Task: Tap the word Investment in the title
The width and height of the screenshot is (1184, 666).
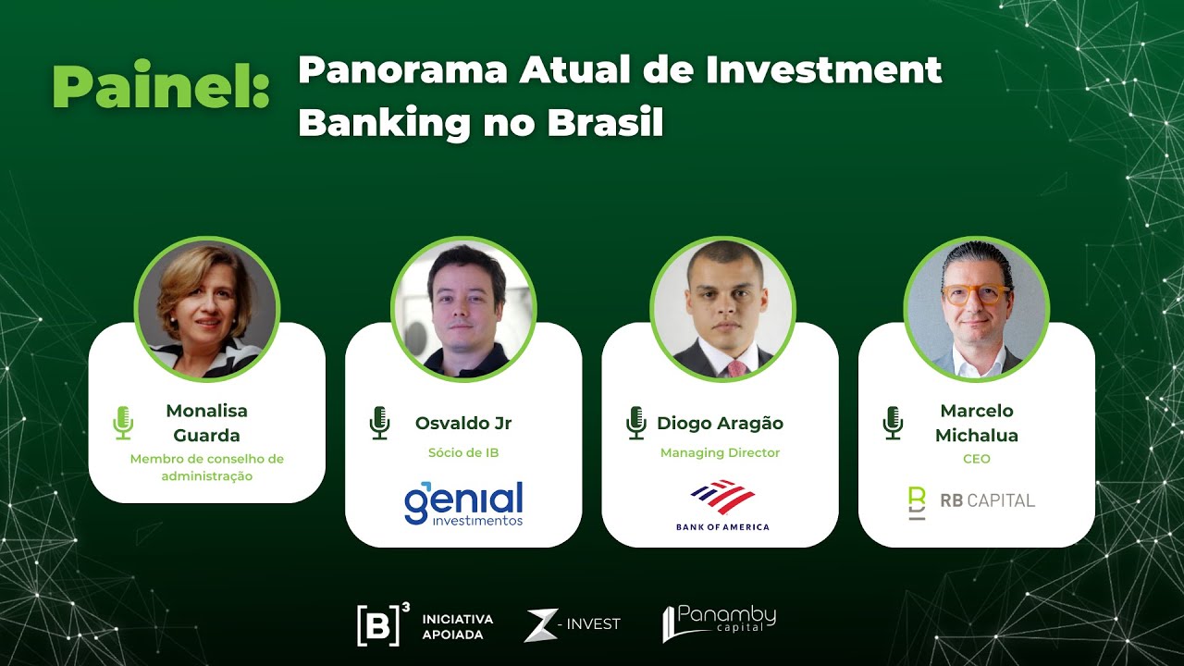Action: click(x=824, y=71)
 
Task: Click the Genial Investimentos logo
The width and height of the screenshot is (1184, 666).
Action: click(x=463, y=503)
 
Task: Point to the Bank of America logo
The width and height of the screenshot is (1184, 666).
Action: click(x=722, y=505)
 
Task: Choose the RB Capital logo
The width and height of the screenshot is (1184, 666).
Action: click(x=970, y=501)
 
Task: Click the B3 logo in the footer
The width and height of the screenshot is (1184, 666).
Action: click(x=383, y=624)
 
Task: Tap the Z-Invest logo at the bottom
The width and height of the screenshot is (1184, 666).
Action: click(x=572, y=624)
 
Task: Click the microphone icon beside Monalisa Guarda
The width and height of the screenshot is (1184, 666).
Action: click(x=123, y=423)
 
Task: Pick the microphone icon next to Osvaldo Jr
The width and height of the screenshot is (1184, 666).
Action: click(x=379, y=423)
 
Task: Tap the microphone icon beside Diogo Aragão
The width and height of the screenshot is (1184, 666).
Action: click(x=635, y=423)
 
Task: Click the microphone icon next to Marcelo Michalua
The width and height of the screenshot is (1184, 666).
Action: click(x=893, y=423)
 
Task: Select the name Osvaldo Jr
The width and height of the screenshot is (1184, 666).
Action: click(x=463, y=424)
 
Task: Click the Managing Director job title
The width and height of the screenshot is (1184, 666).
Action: click(x=720, y=453)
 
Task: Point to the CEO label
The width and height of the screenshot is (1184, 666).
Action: click(x=976, y=459)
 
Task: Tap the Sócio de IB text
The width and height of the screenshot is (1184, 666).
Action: click(x=463, y=453)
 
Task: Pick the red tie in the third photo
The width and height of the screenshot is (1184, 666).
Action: click(x=736, y=369)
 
